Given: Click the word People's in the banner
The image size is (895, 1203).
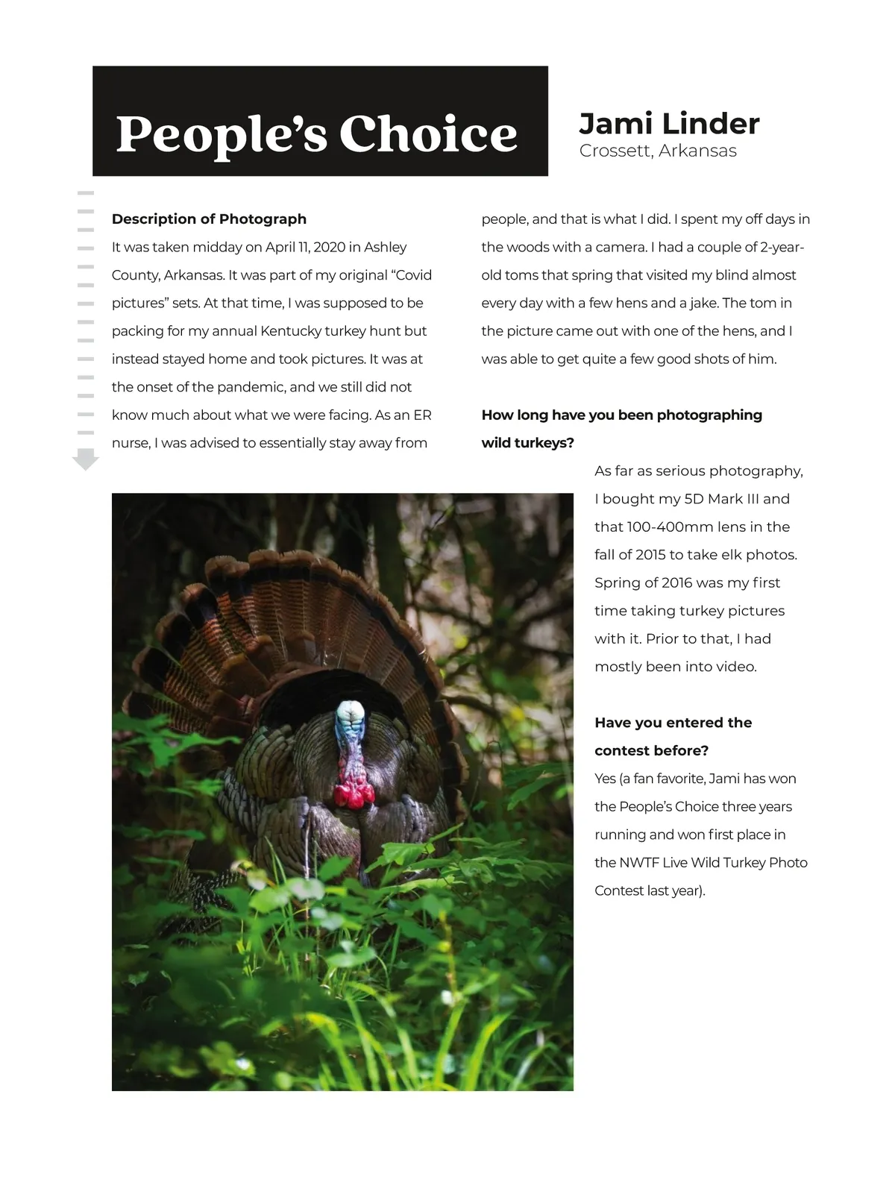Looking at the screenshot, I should click(x=222, y=134).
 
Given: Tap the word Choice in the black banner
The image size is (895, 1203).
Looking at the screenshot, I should click(x=428, y=134).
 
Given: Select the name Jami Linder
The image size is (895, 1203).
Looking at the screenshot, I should click(x=669, y=124).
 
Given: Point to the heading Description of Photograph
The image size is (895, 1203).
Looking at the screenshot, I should click(x=209, y=219).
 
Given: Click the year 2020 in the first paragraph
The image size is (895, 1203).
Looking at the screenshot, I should click(x=330, y=247).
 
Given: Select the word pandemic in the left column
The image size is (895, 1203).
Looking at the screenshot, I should click(x=250, y=387).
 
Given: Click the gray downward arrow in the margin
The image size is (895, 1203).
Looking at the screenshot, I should click(x=86, y=459).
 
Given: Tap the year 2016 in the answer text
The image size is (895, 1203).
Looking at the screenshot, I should click(x=677, y=583).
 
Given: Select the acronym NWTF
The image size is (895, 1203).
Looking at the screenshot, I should click(x=638, y=863).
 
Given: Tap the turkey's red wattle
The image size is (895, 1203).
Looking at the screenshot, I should click(x=354, y=792).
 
